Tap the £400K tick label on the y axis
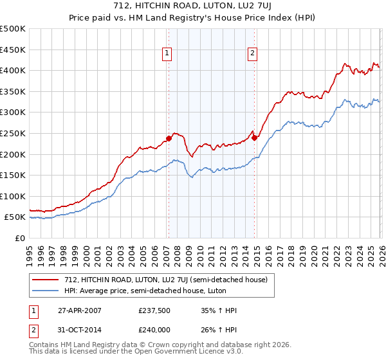click(13, 71)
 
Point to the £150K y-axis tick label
click(13, 175)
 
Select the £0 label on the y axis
click(19, 239)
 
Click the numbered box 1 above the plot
click(167, 54)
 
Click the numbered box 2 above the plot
click(252, 54)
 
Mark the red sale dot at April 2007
click(169, 138)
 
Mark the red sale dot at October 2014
click(255, 137)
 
